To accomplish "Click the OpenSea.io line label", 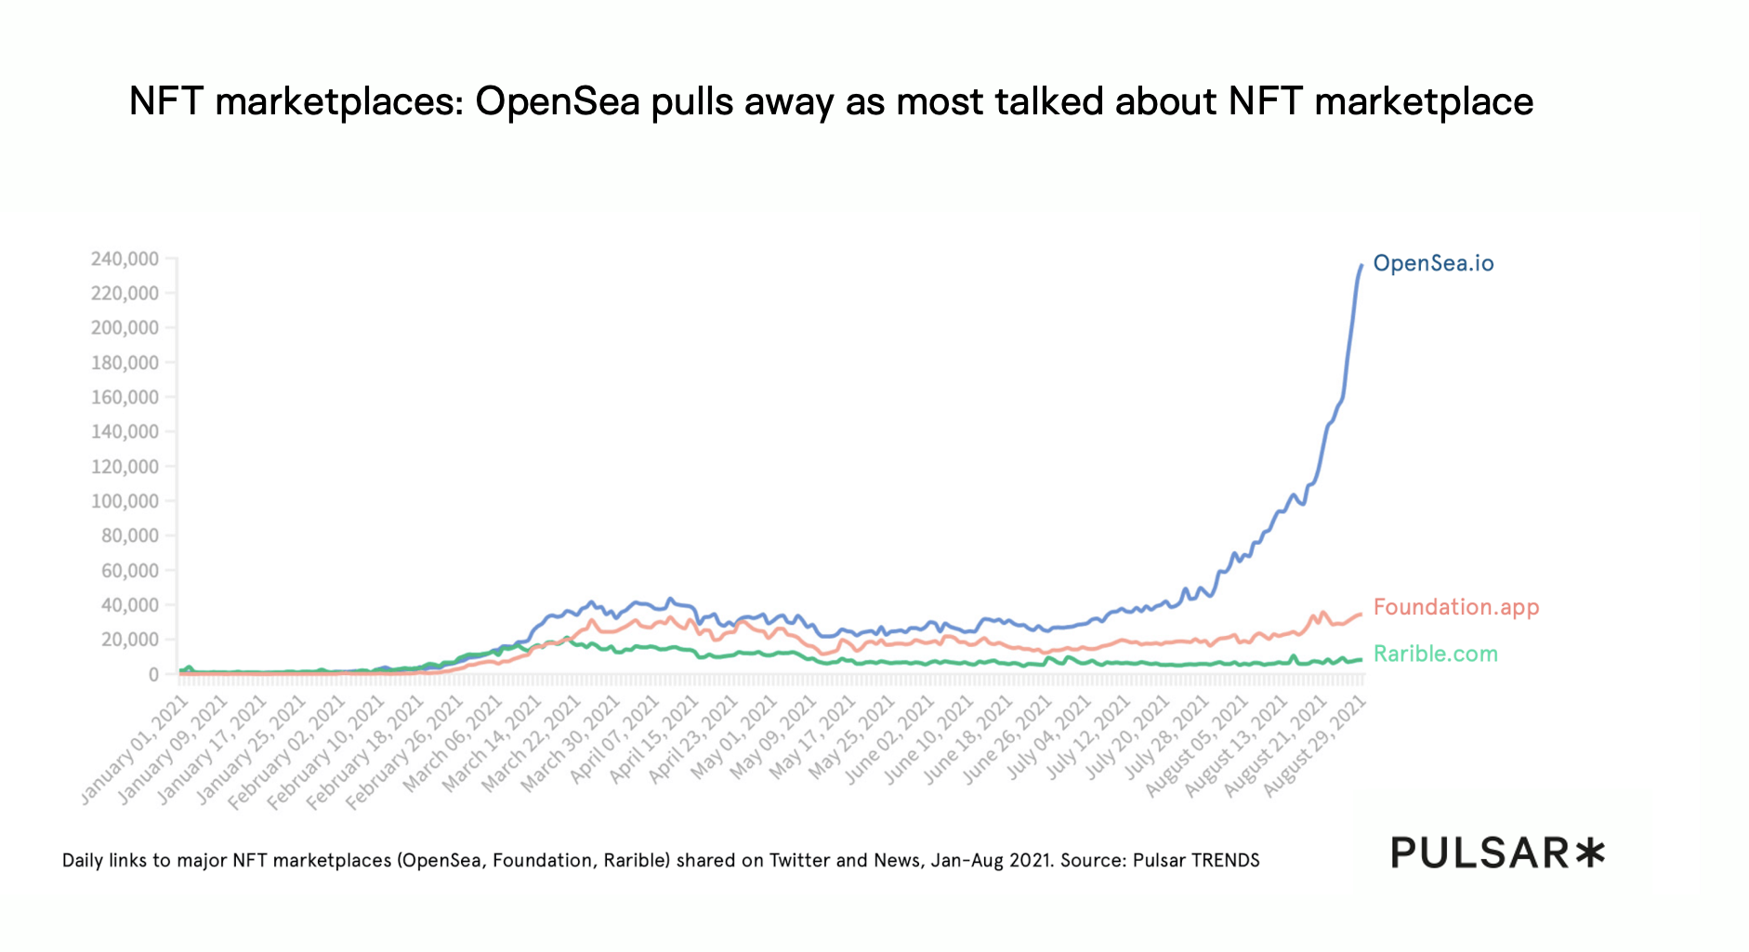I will (x=1433, y=264).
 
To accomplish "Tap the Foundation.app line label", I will (x=1455, y=608).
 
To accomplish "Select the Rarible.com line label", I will (x=1435, y=654).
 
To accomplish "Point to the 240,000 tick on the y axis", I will (x=125, y=259).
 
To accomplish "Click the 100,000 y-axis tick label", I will (x=125, y=502).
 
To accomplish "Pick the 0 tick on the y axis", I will (x=153, y=675).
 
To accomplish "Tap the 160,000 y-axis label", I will (x=125, y=398).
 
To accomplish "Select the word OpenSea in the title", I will (x=558, y=101).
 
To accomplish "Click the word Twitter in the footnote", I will (x=798, y=861).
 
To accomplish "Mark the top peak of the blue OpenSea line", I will (x=1361, y=266).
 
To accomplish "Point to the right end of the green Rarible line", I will (x=1361, y=659).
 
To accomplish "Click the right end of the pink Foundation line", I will (x=1361, y=614).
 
